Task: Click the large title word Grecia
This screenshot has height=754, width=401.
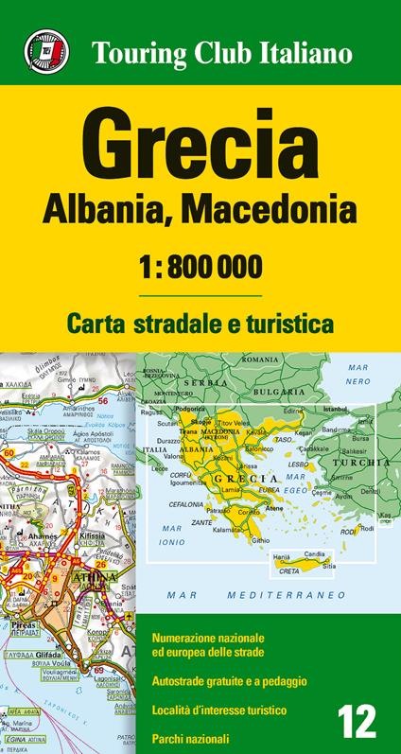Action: (200, 141)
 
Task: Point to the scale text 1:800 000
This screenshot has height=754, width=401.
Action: (200, 266)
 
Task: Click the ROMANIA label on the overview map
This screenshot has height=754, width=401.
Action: (259, 360)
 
